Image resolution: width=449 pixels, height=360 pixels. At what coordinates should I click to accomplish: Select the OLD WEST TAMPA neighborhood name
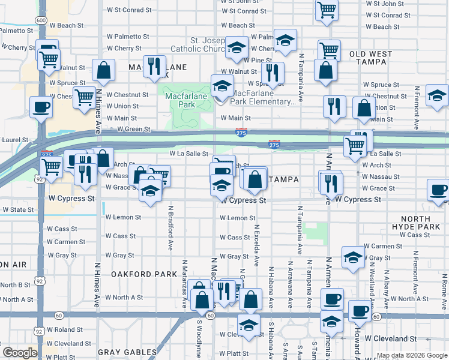[370, 58]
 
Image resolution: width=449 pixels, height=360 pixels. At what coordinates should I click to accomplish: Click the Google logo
[19, 353]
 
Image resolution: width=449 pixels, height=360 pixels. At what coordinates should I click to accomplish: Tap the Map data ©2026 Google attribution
[412, 355]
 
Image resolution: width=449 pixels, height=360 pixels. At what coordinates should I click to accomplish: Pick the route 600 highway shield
[41, 20]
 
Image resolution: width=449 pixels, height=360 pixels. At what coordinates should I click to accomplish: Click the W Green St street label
[133, 129]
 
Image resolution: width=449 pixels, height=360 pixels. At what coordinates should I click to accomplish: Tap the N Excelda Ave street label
[256, 245]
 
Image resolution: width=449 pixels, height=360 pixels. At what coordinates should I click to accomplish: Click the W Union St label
[122, 106]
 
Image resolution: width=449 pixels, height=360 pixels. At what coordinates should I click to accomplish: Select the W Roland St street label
[65, 329]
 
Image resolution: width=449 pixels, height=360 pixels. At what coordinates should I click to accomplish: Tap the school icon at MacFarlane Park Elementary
[222, 86]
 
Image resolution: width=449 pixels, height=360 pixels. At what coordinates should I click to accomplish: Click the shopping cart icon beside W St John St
[327, 10]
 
